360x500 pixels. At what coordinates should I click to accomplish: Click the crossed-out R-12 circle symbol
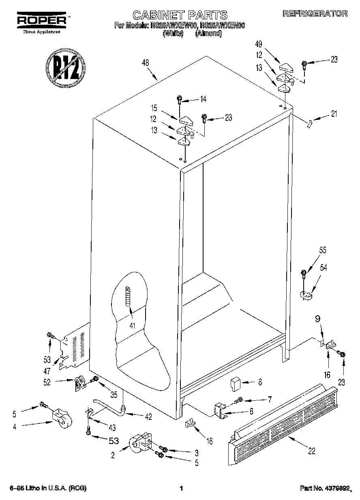66,66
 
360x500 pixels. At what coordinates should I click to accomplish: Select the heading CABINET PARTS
180,15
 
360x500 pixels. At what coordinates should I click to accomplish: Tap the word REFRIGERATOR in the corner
315,13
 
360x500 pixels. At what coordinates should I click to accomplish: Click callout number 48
145,63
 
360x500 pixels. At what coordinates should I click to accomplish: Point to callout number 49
258,44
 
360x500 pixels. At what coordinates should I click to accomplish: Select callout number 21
334,114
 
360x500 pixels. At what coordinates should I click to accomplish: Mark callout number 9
317,318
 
